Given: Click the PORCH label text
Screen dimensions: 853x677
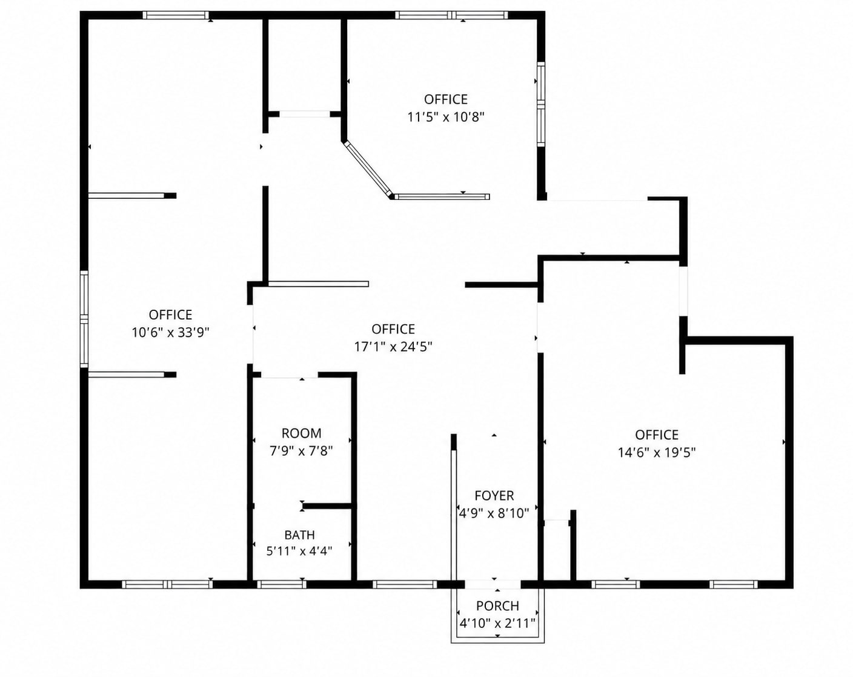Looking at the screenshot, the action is [x=497, y=606].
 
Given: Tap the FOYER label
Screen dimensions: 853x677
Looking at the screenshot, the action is [x=494, y=496].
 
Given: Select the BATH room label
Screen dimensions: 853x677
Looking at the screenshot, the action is [x=300, y=535].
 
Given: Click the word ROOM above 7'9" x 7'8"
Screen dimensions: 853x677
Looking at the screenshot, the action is [x=301, y=433].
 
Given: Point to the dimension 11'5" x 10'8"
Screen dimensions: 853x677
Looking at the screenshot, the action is [x=446, y=117].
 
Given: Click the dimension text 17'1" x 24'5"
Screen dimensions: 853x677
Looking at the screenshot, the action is [x=393, y=347].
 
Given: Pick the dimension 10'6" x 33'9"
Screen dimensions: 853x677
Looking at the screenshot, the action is [x=170, y=332].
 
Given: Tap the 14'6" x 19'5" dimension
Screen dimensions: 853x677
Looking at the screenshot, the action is [x=657, y=453].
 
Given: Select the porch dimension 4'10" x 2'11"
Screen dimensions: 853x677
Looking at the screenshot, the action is [x=497, y=624].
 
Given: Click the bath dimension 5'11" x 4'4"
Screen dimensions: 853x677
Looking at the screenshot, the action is [x=299, y=552].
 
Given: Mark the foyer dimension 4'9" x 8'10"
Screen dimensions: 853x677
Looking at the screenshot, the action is [x=494, y=513].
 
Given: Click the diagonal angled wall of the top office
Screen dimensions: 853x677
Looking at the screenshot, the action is [x=368, y=168].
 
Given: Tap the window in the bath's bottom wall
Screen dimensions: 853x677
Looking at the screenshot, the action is [x=282, y=584].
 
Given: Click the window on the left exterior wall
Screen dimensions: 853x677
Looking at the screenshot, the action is [x=84, y=319].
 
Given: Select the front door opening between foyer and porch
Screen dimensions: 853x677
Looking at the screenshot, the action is [x=493, y=584].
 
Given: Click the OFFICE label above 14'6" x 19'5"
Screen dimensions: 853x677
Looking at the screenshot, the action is [x=657, y=435].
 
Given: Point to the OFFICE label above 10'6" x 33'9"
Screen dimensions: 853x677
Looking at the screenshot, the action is [x=170, y=315].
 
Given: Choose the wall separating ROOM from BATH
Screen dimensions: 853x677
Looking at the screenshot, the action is [x=328, y=506].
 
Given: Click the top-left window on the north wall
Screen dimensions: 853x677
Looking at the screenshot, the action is [x=176, y=16].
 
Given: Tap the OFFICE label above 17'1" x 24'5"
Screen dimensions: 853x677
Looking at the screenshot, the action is [x=393, y=329].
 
